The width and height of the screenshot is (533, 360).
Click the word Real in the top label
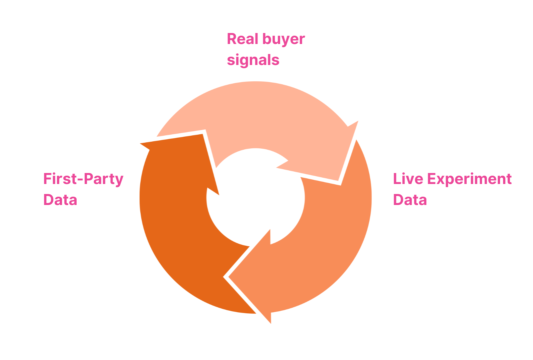[242, 39]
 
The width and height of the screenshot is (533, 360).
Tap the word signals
[253, 60]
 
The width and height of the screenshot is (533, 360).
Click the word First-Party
[83, 179]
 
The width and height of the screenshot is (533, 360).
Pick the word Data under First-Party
[60, 200]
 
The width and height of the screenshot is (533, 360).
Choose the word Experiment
[469, 180]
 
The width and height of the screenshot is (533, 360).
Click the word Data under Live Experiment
[410, 200]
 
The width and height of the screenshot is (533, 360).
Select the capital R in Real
[232, 39]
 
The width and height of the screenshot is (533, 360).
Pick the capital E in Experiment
[432, 179]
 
